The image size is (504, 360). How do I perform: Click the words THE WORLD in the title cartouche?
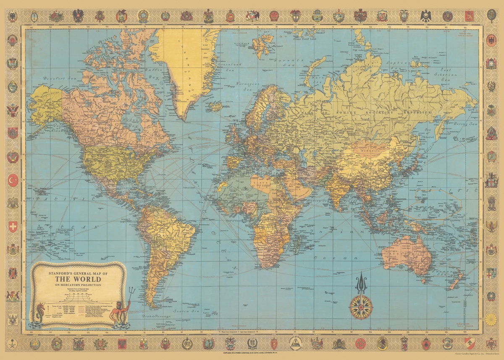point(78,279)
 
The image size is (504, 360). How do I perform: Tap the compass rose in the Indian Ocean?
point(361,307)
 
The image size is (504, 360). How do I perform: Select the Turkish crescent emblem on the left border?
point(13,180)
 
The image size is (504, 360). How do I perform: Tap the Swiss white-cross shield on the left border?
point(13,227)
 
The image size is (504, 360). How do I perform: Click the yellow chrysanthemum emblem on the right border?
point(491,319)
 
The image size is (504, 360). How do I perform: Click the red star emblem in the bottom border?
point(360,343)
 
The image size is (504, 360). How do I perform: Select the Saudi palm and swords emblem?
point(13,343)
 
